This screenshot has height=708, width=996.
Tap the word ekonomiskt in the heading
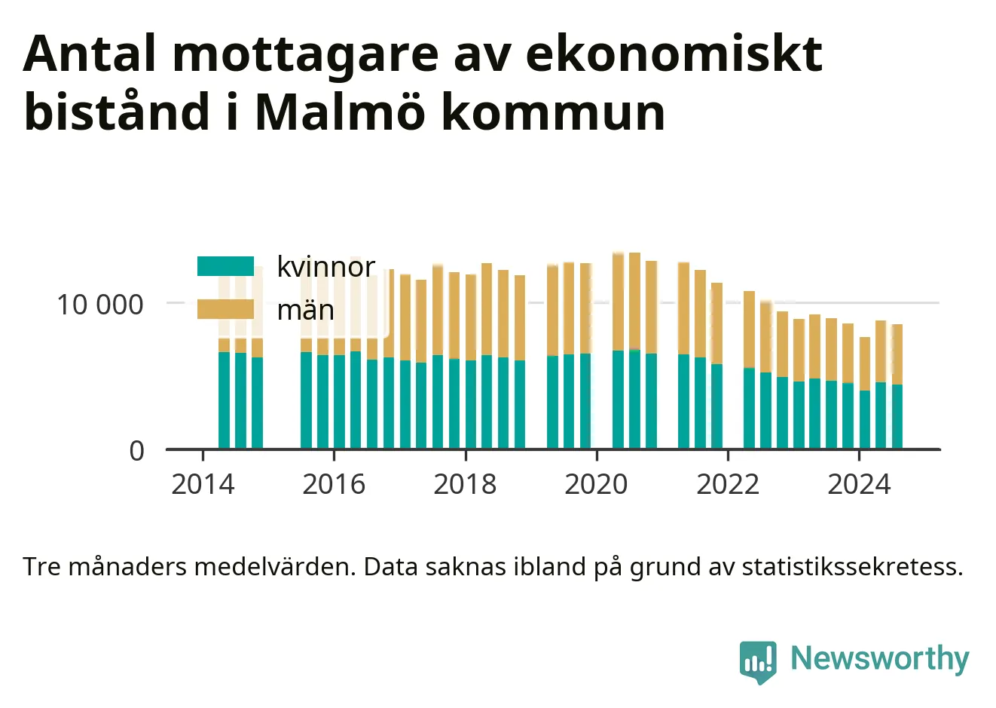pyautogui.click(x=674, y=54)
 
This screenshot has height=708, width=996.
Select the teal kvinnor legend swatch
pyautogui.click(x=225, y=266)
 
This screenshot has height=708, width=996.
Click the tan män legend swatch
pyautogui.click(x=225, y=309)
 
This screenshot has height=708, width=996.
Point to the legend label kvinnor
pyautogui.click(x=326, y=267)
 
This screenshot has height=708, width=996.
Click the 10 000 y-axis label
pyautogui.click(x=100, y=305)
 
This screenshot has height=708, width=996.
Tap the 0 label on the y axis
pyautogui.click(x=136, y=451)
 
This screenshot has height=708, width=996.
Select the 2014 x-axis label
pyautogui.click(x=203, y=484)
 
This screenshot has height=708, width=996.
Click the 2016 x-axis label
pyautogui.click(x=334, y=484)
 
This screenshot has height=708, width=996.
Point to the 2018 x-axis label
pyautogui.click(x=465, y=484)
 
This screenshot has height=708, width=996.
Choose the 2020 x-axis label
pyautogui.click(x=596, y=484)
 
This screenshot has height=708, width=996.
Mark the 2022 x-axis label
pyautogui.click(x=728, y=484)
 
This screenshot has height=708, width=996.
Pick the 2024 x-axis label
pyautogui.click(x=859, y=484)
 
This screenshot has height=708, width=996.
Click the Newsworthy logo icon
pyautogui.click(x=758, y=662)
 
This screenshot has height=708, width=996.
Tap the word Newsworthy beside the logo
pyautogui.click(x=880, y=658)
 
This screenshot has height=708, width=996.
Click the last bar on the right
pyautogui.click(x=897, y=386)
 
